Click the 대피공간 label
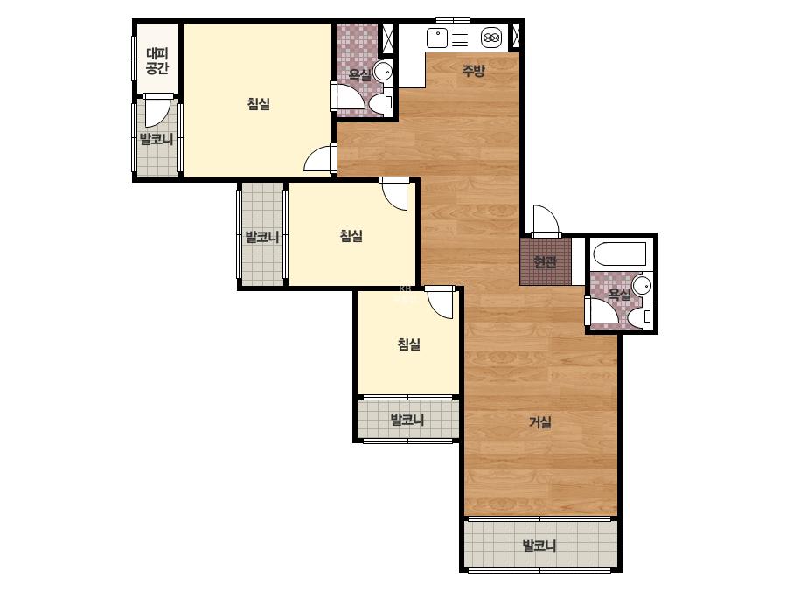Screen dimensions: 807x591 coord(157,60)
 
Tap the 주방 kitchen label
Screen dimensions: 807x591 coord(472,71)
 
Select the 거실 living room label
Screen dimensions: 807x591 coord(540,422)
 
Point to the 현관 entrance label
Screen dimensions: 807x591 coord(545,262)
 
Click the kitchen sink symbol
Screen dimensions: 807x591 coord(437,38)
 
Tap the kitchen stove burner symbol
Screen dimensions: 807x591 coord(491,38)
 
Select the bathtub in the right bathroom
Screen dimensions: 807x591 coord(620,254)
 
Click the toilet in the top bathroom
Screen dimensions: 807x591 coord(381,102)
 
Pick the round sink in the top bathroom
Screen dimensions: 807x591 coord(383,72)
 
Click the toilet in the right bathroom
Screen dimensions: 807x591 coord(640,317)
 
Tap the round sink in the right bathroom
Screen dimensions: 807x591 coord(642,286)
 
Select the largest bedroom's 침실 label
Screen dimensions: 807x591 coord(259,104)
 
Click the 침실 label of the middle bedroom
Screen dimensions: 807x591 coord(351,236)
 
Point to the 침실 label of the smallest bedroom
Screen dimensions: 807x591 coord(409,344)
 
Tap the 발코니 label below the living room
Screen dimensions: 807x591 coord(539,546)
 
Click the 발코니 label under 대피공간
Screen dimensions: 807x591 coord(157,139)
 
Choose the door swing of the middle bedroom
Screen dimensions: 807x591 coord(394,195)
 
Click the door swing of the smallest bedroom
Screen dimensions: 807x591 coord(440,303)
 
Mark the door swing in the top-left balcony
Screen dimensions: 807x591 coord(157,112)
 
